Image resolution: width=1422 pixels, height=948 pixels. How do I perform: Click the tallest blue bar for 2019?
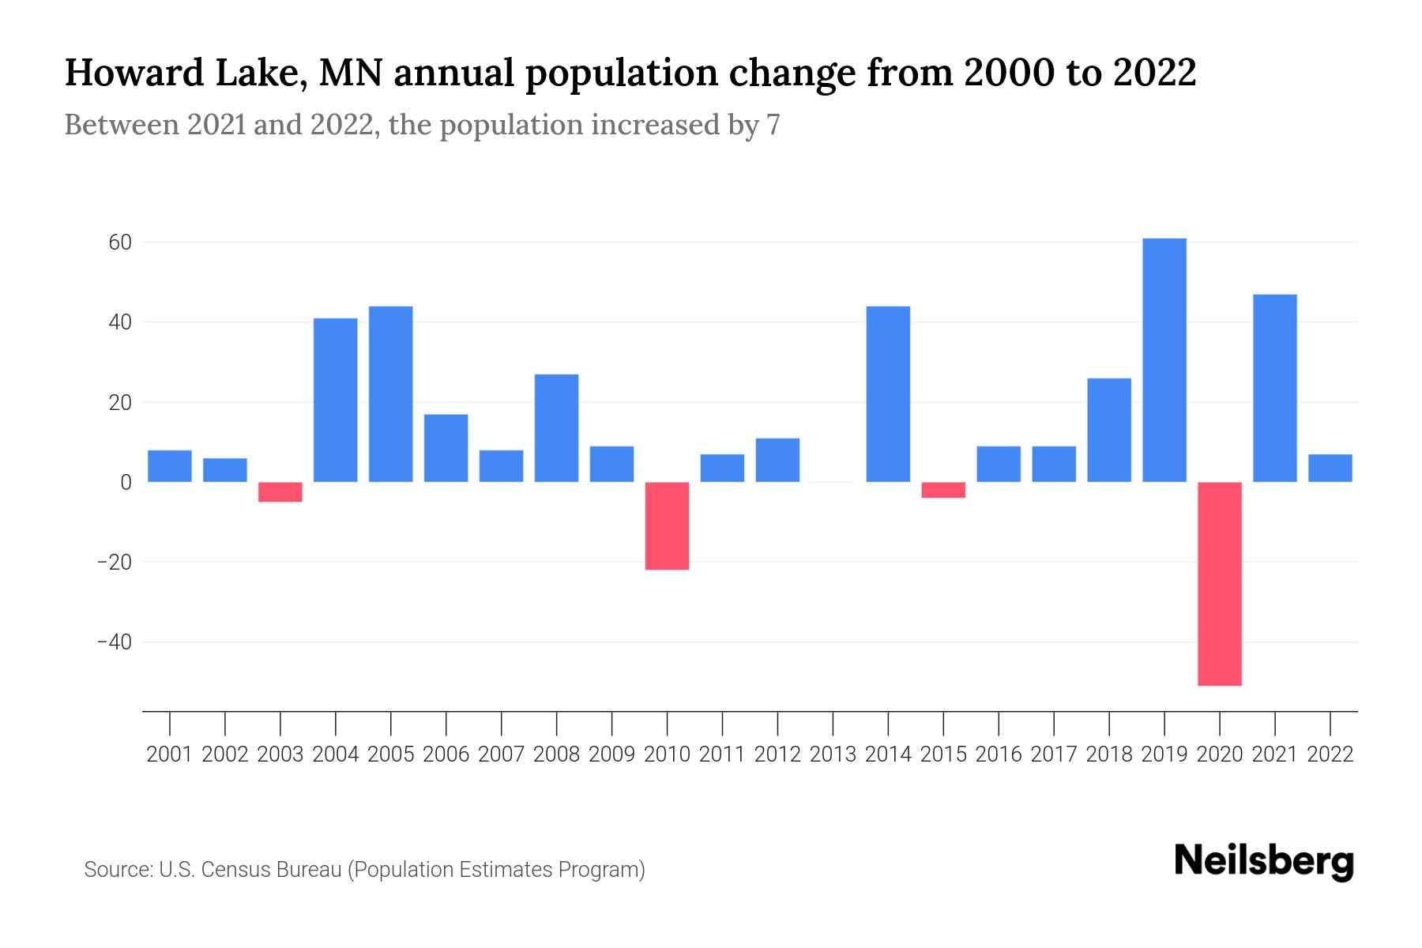point(1164,360)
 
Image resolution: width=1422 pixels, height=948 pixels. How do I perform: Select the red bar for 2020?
point(1220,584)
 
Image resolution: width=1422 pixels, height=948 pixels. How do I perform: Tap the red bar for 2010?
point(668,525)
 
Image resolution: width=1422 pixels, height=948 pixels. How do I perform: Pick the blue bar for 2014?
point(888,394)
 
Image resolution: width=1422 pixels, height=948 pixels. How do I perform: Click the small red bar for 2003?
point(280,491)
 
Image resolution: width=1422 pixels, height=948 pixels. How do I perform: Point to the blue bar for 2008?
point(557,428)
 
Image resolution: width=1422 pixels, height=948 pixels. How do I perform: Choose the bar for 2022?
point(1330,468)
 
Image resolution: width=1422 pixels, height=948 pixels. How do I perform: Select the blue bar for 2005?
point(391,394)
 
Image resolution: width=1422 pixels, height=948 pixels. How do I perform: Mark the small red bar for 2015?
point(943,490)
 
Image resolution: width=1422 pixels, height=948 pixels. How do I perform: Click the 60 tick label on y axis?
point(119,243)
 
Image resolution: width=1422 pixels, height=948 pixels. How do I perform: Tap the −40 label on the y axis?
point(114,642)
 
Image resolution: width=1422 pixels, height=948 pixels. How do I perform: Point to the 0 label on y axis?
point(126,482)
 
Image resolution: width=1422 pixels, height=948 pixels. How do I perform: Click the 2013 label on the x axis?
point(833,754)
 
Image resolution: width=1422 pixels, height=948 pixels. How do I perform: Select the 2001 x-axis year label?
point(170,754)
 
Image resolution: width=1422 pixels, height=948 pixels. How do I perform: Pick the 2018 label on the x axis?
point(1109,754)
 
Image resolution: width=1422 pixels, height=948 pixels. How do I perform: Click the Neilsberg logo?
point(1264,861)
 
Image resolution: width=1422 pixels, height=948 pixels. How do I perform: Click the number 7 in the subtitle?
point(773,125)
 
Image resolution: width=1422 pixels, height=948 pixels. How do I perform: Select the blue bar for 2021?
point(1275,388)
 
